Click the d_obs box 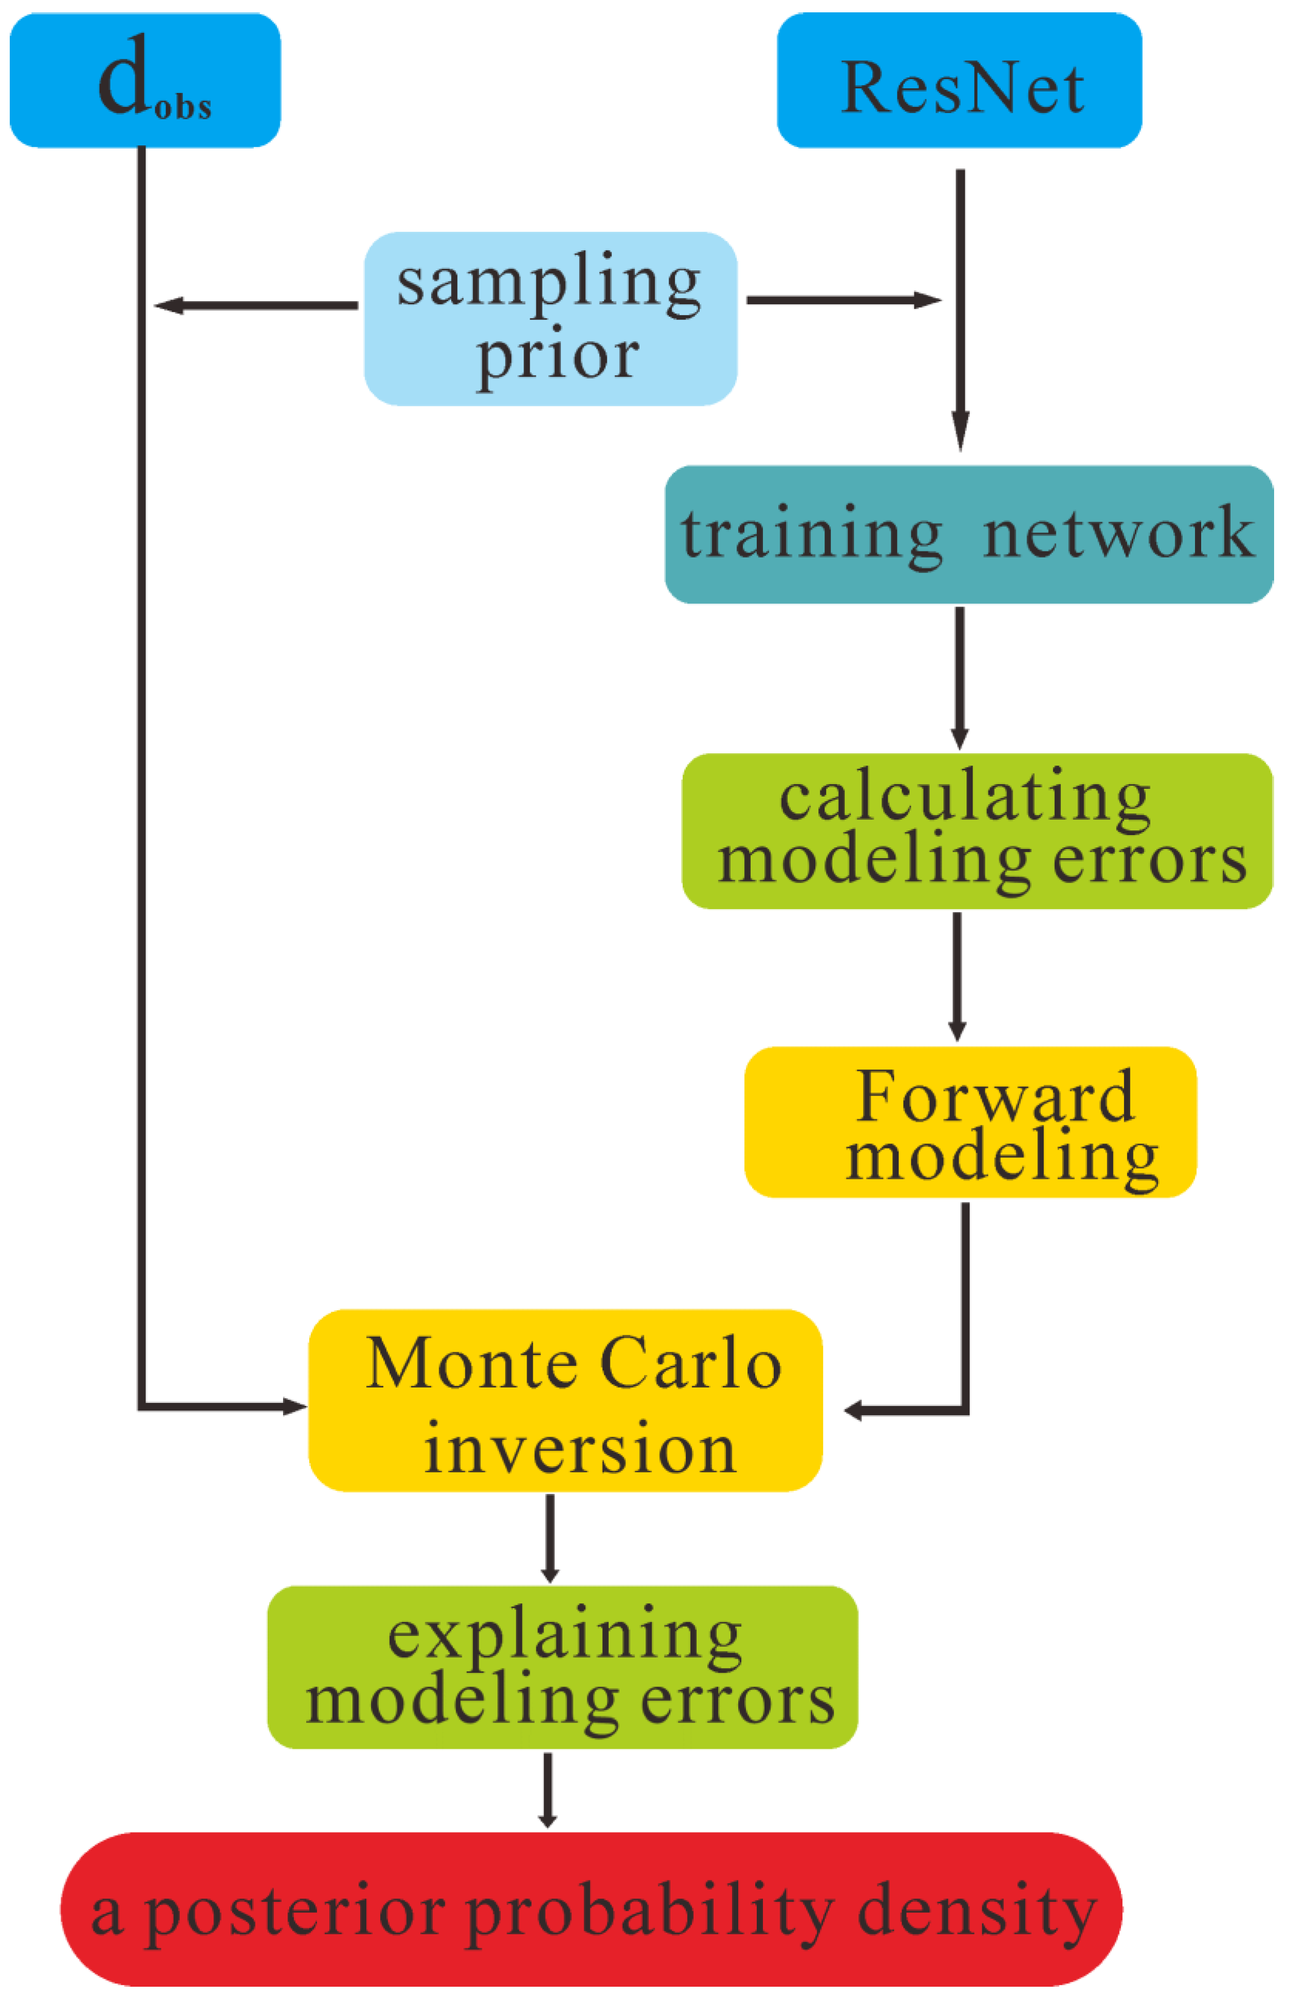tap(145, 80)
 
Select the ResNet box tap(959, 80)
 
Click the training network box tap(968, 534)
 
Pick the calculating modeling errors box tap(977, 830)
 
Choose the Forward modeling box tap(969, 1122)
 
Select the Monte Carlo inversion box tap(565, 1400)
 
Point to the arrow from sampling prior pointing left tap(255, 306)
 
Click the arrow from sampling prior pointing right tap(844, 300)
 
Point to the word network tap(1118, 534)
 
